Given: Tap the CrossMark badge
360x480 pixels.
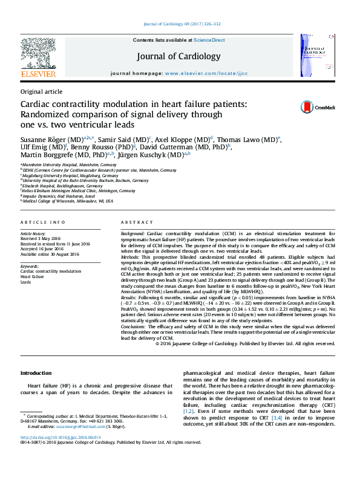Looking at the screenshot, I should click(x=318, y=107).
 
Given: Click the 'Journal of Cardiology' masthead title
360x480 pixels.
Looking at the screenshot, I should click(x=178, y=56).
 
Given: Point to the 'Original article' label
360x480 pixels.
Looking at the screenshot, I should click(x=41, y=91).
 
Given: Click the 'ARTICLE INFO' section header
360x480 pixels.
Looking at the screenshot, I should click(x=42, y=223).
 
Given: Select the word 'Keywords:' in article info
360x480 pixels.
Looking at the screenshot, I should click(x=30, y=266).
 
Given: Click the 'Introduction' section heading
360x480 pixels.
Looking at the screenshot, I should click(x=37, y=372).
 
